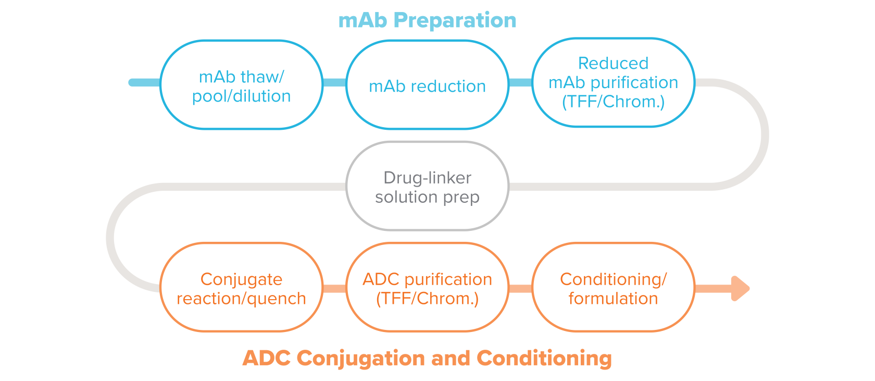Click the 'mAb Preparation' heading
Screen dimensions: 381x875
pos(427,20)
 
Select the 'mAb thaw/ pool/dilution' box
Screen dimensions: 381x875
pos(241,85)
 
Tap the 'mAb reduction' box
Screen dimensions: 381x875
pos(427,85)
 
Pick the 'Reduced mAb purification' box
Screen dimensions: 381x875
pos(613,82)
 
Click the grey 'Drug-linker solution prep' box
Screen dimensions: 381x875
pos(427,186)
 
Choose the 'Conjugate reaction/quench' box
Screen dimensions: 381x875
pos(241,288)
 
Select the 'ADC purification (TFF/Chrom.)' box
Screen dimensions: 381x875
pos(427,288)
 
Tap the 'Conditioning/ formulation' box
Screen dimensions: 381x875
pos(613,288)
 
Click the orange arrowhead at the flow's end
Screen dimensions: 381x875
pos(740,288)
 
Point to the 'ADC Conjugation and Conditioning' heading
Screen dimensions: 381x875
pos(427,359)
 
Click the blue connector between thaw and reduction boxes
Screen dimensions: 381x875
pos(334,82)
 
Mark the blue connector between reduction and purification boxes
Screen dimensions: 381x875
pos(520,82)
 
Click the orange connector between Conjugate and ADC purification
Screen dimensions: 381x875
pos(334,288)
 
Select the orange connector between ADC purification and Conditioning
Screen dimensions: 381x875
pos(520,288)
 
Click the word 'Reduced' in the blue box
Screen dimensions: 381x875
pos(613,64)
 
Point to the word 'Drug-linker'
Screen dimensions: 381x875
pos(427,178)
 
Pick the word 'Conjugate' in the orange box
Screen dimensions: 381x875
pos(241,279)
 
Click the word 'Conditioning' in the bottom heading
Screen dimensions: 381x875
pos(544,359)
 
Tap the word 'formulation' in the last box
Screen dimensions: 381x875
pos(613,299)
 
